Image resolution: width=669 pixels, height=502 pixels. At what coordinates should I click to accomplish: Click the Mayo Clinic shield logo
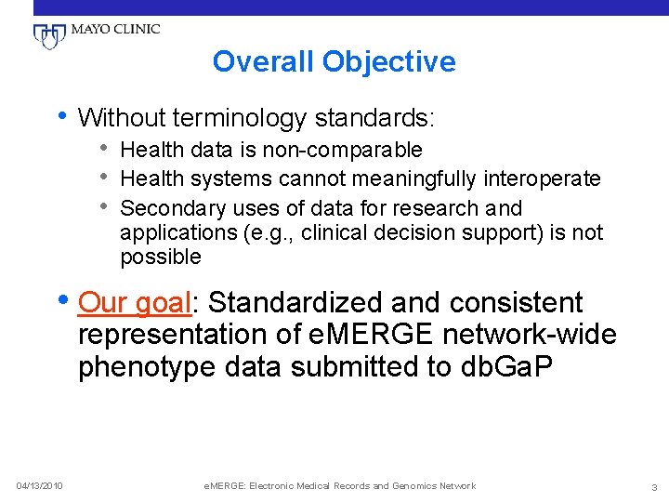46,36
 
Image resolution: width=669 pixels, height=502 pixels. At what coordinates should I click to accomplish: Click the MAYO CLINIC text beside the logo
113,29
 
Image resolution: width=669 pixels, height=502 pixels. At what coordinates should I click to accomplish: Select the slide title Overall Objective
334,62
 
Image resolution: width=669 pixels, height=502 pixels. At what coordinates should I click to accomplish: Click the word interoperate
544,178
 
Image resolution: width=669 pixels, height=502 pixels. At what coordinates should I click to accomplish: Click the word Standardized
295,303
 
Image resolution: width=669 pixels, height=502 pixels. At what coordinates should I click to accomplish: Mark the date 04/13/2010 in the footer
39,486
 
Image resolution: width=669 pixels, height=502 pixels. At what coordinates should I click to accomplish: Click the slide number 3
654,486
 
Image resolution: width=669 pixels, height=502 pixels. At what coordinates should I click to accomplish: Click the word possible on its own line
160,257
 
